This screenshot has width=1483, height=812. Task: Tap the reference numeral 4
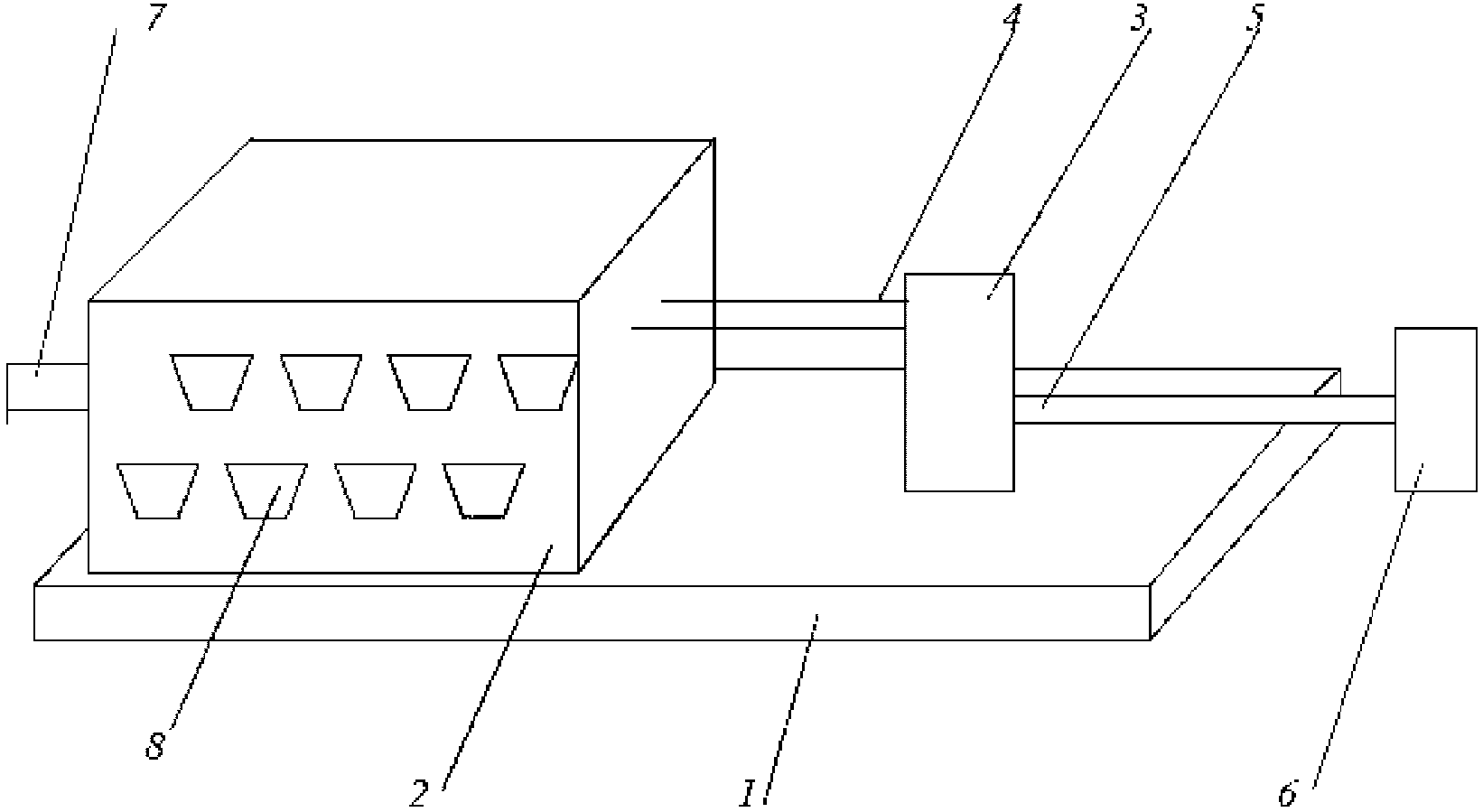(1012, 14)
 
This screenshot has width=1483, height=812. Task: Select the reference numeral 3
(1138, 17)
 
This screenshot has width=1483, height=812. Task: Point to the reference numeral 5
(1254, 17)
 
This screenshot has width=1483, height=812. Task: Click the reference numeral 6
(1288, 793)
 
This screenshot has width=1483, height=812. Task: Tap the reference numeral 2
(419, 793)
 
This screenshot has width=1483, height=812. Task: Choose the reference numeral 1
(748, 793)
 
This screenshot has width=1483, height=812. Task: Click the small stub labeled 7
(48, 387)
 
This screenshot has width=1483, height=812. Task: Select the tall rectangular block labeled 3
(959, 382)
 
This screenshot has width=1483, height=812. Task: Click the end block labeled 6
(1435, 409)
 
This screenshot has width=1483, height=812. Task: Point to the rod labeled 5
(1204, 409)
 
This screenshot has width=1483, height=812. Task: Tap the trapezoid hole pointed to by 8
(266, 490)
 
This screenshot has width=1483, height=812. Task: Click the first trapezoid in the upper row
(212, 382)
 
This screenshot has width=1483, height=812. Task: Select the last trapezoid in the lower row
(484, 490)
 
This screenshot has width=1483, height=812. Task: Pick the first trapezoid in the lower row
(157, 490)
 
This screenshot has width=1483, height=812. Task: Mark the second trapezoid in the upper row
(322, 382)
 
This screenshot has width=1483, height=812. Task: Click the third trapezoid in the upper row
(430, 382)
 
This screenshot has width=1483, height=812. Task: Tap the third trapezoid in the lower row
(376, 490)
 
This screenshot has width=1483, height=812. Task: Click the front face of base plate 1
(592, 612)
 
